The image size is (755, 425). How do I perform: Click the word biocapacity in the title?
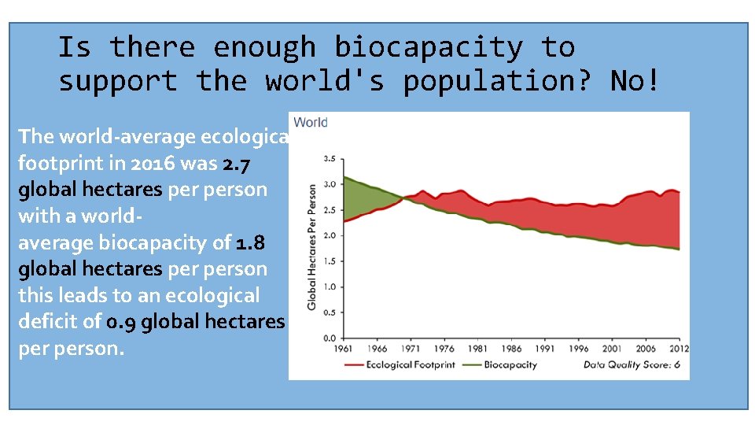tap(428, 48)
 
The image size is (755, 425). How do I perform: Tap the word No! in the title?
tap(635, 81)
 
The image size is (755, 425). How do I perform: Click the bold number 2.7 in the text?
tap(238, 163)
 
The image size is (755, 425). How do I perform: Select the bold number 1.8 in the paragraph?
tap(251, 242)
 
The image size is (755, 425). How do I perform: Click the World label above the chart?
tap(310, 123)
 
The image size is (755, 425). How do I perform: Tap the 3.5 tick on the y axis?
tap(330, 159)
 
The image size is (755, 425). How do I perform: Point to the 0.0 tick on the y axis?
tap(330, 338)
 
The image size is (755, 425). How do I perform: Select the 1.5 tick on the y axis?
tap(330, 261)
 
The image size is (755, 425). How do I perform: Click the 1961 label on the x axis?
tap(344, 349)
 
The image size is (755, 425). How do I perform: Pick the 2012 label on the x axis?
tap(678, 349)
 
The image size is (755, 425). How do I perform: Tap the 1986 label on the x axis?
tap(510, 349)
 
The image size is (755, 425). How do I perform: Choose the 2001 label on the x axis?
tap(611, 349)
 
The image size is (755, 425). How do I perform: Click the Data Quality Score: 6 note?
tap(631, 364)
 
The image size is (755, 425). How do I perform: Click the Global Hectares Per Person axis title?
tap(311, 246)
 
